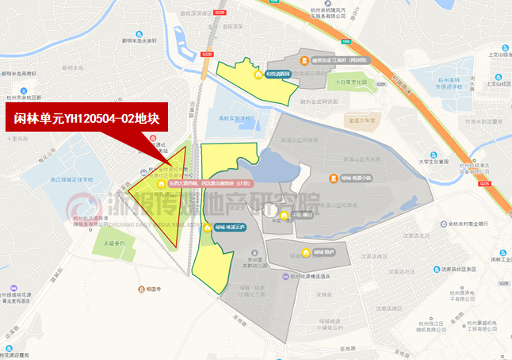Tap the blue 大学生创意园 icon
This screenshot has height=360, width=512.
432,154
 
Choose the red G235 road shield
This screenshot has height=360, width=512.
484,184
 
